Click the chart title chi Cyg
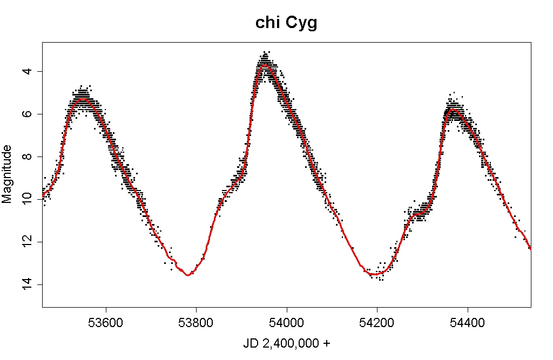click(x=286, y=24)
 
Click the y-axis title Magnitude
click(x=7, y=174)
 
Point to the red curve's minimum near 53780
click(x=188, y=275)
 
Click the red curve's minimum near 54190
click(x=374, y=275)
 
